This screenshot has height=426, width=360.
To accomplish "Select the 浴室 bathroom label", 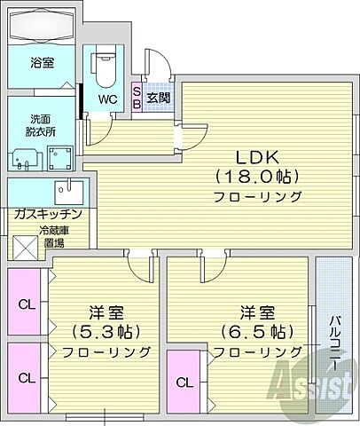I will coord(42,64).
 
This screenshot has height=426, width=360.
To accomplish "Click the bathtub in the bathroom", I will coord(43,26).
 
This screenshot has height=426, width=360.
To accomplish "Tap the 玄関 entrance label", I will coord(158,97).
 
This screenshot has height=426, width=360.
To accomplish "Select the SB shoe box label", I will coord(137,97).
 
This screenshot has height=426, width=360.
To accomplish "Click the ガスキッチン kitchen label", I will coord(48,214).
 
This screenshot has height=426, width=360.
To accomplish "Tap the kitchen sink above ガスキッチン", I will coord(67,191).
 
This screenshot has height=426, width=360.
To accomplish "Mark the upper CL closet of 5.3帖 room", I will coord(27,304).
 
